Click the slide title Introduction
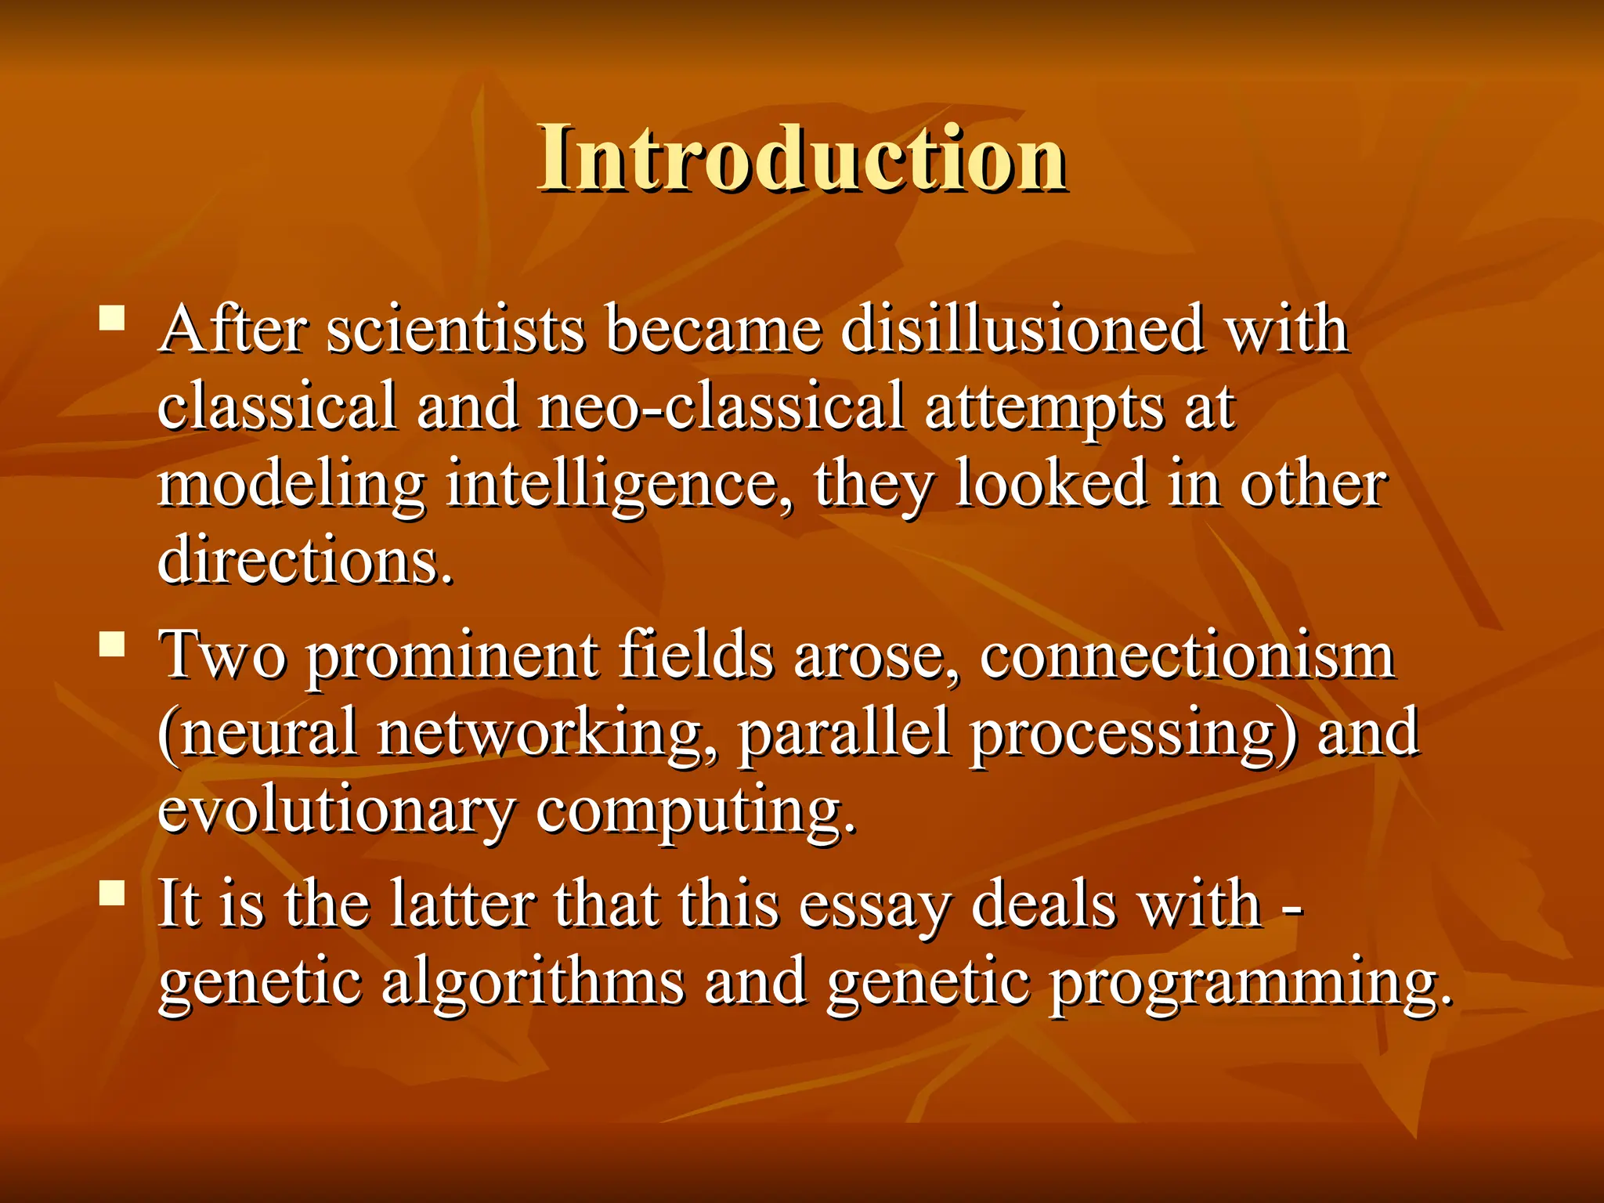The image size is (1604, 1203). [x=802, y=158]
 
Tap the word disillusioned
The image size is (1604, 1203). [x=1022, y=330]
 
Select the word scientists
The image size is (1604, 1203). [x=455, y=330]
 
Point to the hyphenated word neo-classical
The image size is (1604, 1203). [x=721, y=406]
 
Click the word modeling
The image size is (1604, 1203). [x=291, y=486]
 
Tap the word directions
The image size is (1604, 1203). [x=305, y=560]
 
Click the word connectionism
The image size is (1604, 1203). [x=1187, y=656]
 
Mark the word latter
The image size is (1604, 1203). [x=462, y=905]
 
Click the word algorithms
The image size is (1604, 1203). [x=533, y=983]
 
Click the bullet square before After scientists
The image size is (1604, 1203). [x=113, y=320]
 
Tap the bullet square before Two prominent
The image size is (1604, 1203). [x=113, y=645]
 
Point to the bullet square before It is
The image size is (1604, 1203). [x=113, y=894]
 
